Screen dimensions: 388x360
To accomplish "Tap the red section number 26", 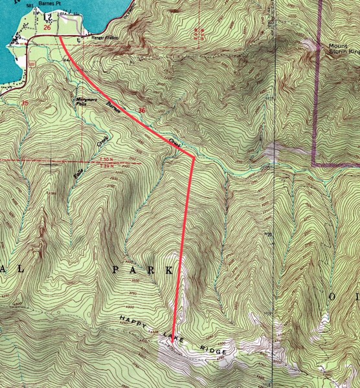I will click(x=47, y=28).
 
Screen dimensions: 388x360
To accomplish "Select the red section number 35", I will click(x=25, y=103).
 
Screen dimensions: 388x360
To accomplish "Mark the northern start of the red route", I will click(x=60, y=37).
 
